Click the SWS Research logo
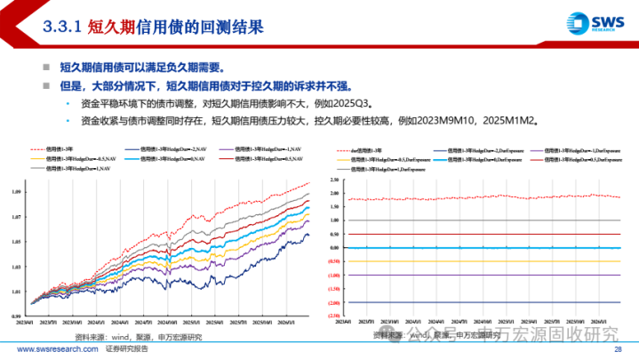point(589,24)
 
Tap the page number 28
point(627,351)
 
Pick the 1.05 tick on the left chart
point(17,242)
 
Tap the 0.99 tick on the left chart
point(17,316)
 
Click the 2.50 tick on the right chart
point(334,179)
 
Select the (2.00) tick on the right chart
point(334,302)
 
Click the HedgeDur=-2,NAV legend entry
point(169,148)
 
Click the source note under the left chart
point(138,337)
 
